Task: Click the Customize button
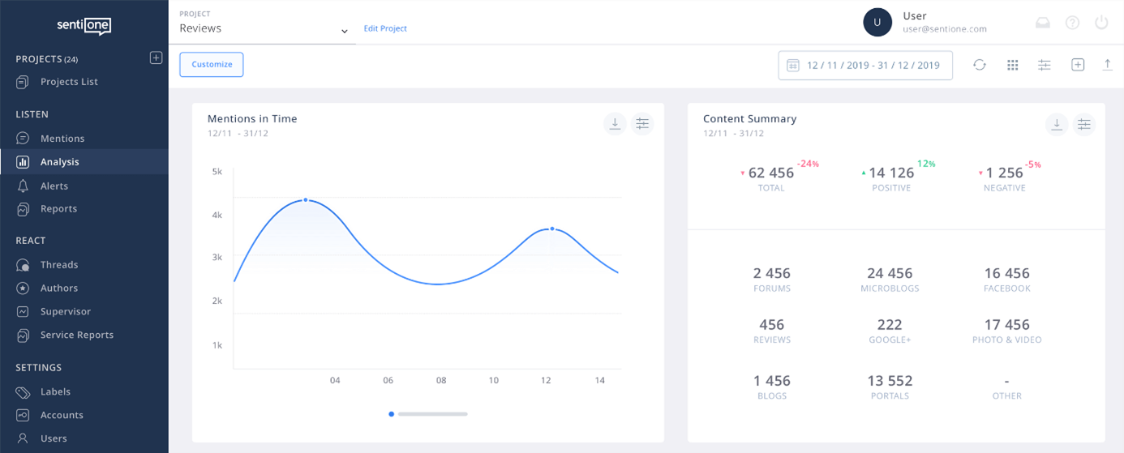pos(212,65)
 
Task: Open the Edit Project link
pos(385,28)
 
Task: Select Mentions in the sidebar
pos(62,139)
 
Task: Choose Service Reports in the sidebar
pos(77,335)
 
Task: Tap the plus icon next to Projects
pos(157,58)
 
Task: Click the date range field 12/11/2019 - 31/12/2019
pos(865,66)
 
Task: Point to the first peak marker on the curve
pos(305,199)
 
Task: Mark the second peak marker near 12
pos(552,229)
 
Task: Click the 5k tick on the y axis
pos(217,172)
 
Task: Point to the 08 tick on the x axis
pos(441,380)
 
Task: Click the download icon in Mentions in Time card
pos(615,124)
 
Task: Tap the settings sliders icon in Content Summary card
pos(1084,124)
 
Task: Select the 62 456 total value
pos(770,173)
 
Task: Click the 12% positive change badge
pos(926,164)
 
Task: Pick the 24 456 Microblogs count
pos(890,273)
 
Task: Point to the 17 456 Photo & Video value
pos(1006,324)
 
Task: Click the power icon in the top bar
pos(1101,23)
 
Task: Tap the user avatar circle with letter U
pos(877,23)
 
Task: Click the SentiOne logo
pos(84,25)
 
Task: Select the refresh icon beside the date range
pos(980,65)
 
